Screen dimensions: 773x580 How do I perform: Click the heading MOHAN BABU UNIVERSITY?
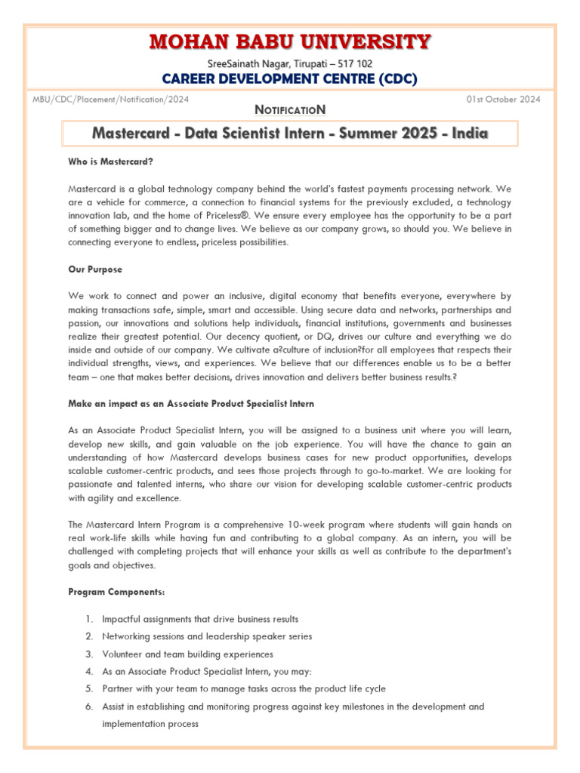290,41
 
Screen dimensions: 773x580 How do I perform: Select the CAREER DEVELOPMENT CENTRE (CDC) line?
290,79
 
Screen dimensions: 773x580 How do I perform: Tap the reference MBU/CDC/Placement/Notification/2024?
110,99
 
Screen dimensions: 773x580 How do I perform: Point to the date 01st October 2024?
503,99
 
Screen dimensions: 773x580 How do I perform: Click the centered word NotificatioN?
290,109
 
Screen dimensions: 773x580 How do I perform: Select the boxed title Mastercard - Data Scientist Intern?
290,134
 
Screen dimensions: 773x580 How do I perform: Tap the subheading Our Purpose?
94,269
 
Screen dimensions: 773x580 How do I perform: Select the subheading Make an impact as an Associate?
191,404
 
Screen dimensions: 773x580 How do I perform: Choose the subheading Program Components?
116,592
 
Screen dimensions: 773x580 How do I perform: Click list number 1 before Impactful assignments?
88,619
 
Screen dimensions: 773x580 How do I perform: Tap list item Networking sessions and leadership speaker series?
207,636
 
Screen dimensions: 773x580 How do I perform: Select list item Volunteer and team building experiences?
188,654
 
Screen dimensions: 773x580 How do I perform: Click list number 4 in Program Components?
88,672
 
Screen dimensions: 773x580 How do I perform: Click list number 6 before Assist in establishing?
88,707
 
